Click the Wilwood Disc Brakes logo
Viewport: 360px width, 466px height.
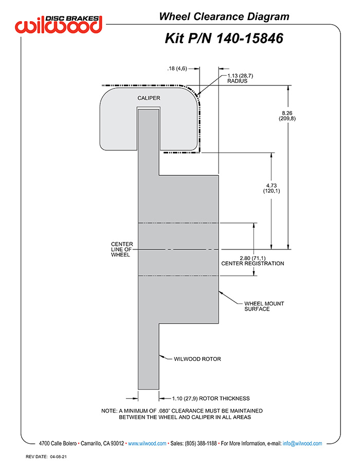(x=59, y=24)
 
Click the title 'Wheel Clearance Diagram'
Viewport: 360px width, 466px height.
(x=224, y=16)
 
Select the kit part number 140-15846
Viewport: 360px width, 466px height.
(x=249, y=39)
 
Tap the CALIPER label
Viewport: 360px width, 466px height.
(x=149, y=98)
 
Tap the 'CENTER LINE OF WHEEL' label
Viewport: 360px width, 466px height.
(x=122, y=249)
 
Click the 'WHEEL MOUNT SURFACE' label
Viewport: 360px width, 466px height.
(x=264, y=306)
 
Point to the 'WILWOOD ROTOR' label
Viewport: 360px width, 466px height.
(x=197, y=359)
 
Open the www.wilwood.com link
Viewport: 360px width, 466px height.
(x=147, y=443)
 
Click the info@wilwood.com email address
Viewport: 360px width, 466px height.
(x=302, y=443)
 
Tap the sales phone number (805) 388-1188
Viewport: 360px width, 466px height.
(x=201, y=443)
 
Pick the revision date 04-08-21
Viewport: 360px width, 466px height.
(x=58, y=457)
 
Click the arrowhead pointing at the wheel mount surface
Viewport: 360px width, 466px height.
(x=221, y=293)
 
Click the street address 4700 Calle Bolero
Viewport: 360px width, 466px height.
(x=58, y=443)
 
